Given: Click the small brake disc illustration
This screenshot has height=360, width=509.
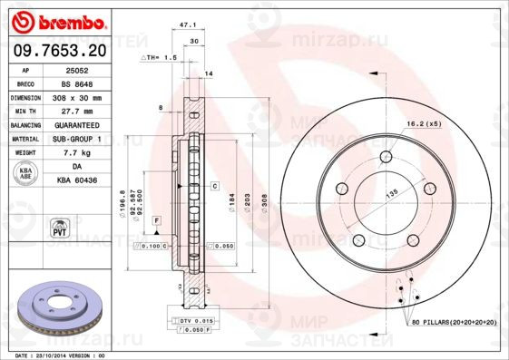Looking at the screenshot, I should [x=55, y=306].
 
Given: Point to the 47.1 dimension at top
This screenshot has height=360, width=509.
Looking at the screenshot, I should [x=190, y=27].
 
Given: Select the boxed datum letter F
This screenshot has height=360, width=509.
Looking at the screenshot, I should [x=156, y=221].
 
